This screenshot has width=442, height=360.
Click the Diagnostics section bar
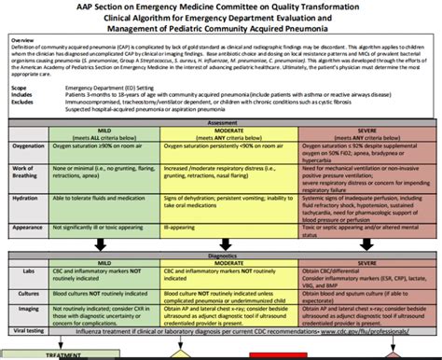coord(220,254)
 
